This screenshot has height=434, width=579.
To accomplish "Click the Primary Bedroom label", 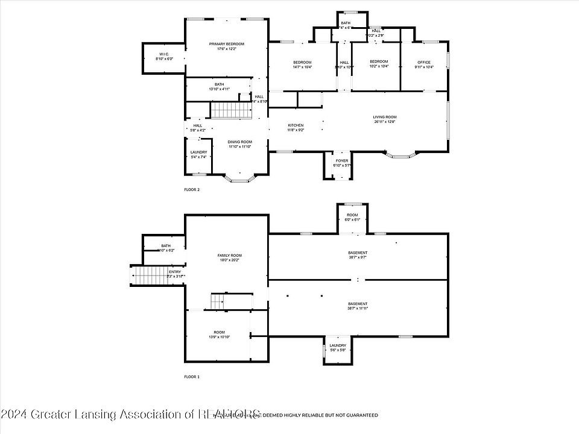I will tap(226, 44).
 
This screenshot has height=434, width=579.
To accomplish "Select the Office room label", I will tap(424, 62).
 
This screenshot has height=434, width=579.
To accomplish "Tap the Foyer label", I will tap(342, 161).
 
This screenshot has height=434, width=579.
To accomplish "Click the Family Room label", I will tap(229, 256).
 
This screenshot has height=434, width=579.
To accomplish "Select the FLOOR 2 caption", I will tap(192, 189).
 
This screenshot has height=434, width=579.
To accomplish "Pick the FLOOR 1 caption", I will tap(192, 377).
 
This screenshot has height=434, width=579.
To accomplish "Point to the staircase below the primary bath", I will tap(230, 110).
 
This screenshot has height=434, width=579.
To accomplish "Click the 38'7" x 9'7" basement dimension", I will tap(358, 257).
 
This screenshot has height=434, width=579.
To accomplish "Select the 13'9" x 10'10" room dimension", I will tap(219, 337).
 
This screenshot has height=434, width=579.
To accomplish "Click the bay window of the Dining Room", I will tap(240, 178).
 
